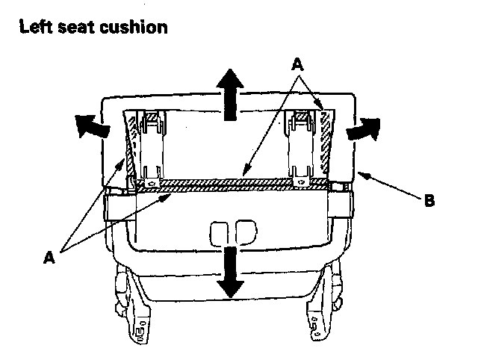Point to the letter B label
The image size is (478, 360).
(x=429, y=201)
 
